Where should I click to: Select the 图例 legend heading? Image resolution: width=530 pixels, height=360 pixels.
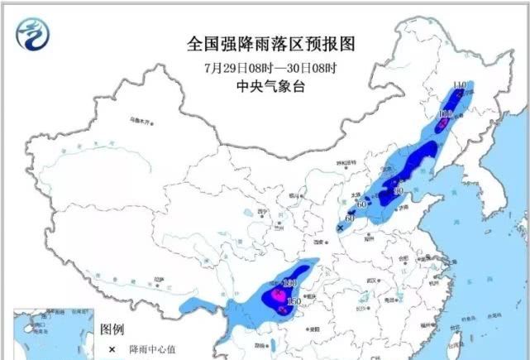(x=112, y=329)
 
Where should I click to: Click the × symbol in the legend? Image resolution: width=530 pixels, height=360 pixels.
(x=111, y=350)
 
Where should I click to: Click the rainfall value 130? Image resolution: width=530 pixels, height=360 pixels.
(x=289, y=283)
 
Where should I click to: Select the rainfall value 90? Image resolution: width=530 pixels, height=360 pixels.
(x=398, y=191)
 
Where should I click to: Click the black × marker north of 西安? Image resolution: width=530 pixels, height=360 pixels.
(x=339, y=227)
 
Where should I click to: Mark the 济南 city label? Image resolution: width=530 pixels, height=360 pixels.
(x=402, y=210)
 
